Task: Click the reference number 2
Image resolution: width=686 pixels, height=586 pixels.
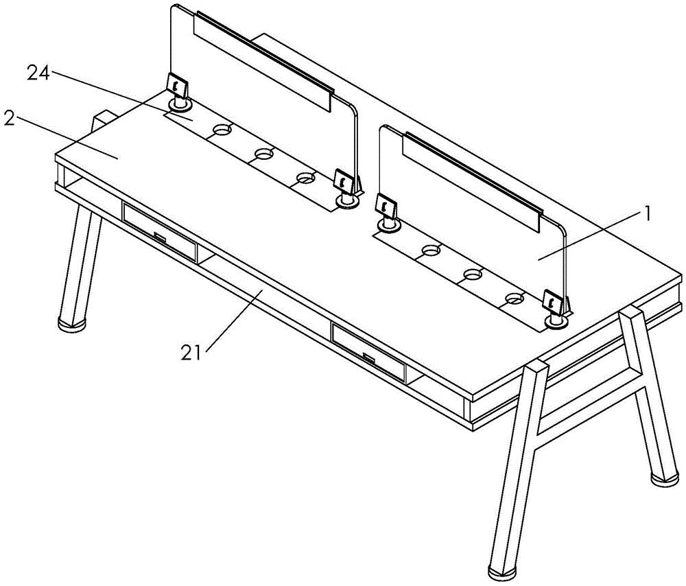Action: click(9, 118)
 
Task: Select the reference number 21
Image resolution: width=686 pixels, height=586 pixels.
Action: click(191, 353)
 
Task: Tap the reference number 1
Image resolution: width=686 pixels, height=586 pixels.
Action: click(647, 214)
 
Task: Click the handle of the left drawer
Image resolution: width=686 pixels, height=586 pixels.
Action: click(160, 237)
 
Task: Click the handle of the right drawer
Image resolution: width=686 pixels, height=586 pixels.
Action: click(368, 358)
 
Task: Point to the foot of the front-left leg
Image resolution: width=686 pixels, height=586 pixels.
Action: click(72, 323)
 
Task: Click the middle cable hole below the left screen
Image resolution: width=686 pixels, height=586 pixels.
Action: click(265, 154)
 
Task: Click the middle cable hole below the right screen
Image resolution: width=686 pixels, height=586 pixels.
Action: click(473, 274)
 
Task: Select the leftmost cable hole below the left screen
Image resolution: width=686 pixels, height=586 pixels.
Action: click(222, 130)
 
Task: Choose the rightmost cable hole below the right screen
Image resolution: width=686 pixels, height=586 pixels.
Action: click(515, 298)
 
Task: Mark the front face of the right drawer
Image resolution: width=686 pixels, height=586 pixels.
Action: click(368, 351)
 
